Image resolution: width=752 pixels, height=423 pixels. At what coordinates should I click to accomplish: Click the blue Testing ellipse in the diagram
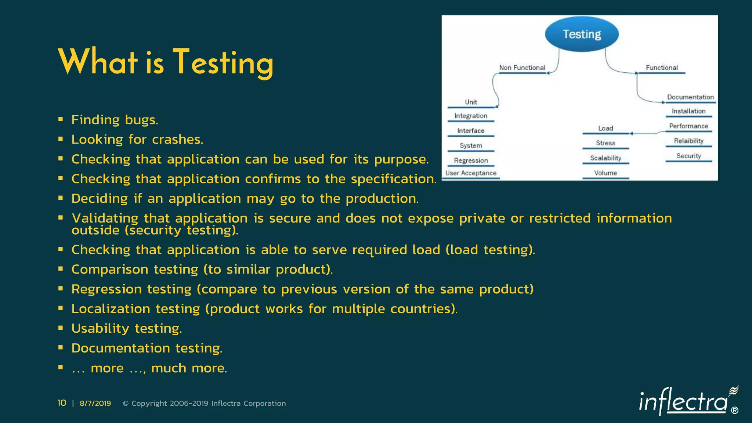pyautogui.click(x=582, y=34)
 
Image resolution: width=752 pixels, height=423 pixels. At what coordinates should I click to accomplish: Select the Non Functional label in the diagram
pyautogui.click(x=522, y=68)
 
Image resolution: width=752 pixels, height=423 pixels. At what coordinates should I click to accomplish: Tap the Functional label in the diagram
pyautogui.click(x=662, y=68)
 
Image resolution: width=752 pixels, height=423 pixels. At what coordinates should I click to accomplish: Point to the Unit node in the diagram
pyautogui.click(x=471, y=102)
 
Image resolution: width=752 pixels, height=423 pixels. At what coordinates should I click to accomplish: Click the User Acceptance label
pyautogui.click(x=471, y=173)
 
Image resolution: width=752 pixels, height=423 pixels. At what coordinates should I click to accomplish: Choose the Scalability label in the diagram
pyautogui.click(x=605, y=158)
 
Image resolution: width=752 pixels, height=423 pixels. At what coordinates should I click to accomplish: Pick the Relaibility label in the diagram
pyautogui.click(x=688, y=141)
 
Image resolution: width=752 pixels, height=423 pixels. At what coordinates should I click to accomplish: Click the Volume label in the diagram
pyautogui.click(x=605, y=173)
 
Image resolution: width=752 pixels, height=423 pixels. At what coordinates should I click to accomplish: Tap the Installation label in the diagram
pyautogui.click(x=688, y=111)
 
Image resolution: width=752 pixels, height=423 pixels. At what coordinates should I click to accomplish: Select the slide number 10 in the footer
pyautogui.click(x=62, y=403)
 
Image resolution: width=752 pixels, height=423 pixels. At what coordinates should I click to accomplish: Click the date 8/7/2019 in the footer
pyautogui.click(x=95, y=403)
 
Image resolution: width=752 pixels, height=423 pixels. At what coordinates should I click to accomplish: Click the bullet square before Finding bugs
pyautogui.click(x=61, y=119)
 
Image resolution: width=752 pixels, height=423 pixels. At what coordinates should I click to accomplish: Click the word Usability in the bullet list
pyautogui.click(x=100, y=328)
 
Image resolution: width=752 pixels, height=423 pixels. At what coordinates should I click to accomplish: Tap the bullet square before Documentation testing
pyautogui.click(x=61, y=347)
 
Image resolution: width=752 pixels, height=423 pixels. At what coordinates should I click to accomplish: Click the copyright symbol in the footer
pyautogui.click(x=126, y=404)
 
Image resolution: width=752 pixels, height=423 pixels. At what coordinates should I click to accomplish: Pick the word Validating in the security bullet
pyautogui.click(x=105, y=218)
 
